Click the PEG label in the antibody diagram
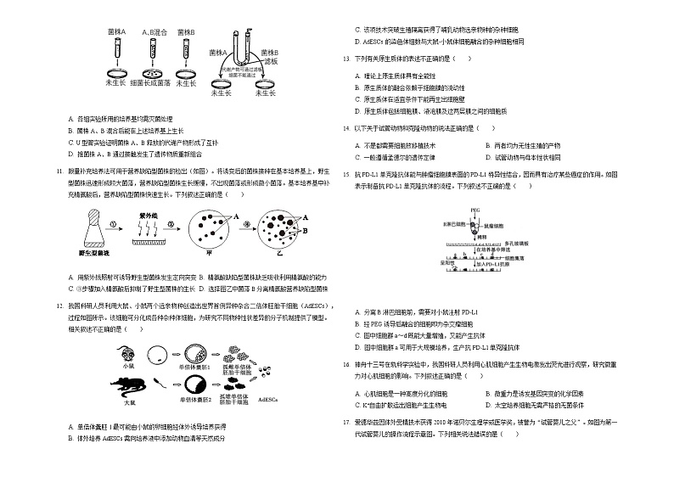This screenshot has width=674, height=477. pyautogui.click(x=475, y=208)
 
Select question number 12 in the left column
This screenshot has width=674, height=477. pyautogui.click(x=59, y=305)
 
